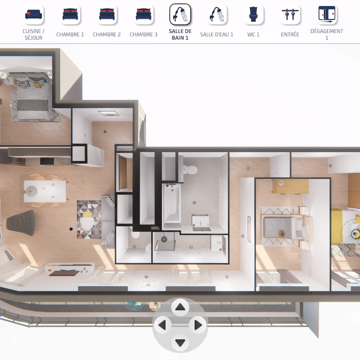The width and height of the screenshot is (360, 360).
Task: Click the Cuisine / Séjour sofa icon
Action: pyautogui.click(x=34, y=14)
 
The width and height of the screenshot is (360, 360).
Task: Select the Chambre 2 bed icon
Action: pyautogui.click(x=107, y=14)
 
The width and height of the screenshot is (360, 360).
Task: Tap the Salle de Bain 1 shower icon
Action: pyautogui.click(x=180, y=14)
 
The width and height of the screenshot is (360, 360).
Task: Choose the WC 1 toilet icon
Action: pyautogui.click(x=253, y=14)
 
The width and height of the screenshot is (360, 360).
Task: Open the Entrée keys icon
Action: pyautogui.click(x=290, y=14)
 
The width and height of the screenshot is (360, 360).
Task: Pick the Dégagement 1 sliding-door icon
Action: pyautogui.click(x=327, y=14)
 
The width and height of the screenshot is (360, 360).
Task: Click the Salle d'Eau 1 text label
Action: pyautogui.click(x=217, y=34)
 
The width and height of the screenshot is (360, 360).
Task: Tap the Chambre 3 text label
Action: pyautogui.click(x=143, y=34)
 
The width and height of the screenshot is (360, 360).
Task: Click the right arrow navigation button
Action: pyautogui.click(x=198, y=325)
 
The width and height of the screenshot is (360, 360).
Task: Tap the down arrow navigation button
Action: pyautogui.click(x=180, y=343)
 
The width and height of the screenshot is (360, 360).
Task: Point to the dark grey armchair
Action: pyautogui.click(x=21, y=223)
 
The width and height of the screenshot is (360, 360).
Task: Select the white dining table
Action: pyautogui.click(x=45, y=191)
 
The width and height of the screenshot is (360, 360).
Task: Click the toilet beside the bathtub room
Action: pyautogui.click(x=190, y=170)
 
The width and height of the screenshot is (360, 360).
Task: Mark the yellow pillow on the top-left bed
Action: pyautogui.click(x=37, y=85)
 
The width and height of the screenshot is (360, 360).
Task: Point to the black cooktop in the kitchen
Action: pyautogui.click(x=47, y=161)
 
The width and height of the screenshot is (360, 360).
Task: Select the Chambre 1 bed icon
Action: pyautogui.click(x=70, y=14)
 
